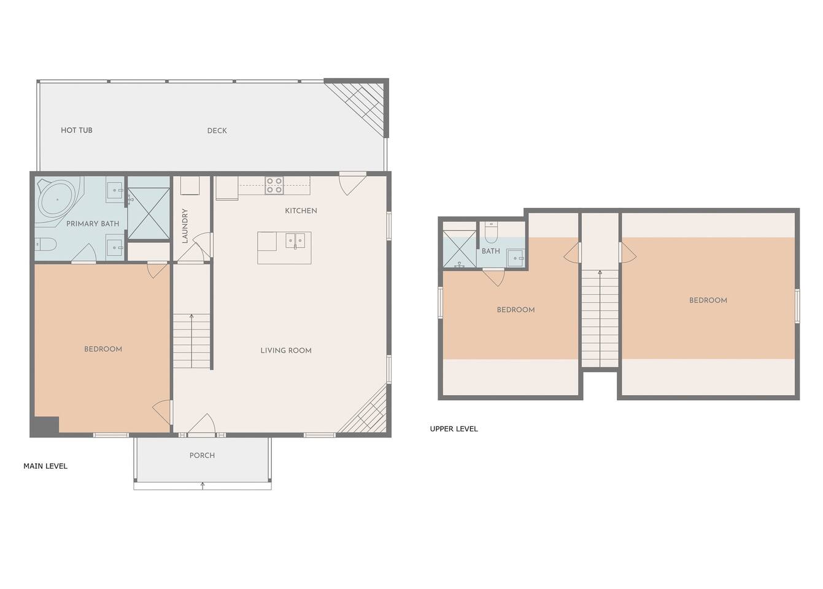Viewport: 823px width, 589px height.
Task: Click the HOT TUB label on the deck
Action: coord(77,130)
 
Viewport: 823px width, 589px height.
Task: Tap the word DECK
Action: coord(217,130)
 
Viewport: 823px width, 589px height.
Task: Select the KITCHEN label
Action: coord(301,210)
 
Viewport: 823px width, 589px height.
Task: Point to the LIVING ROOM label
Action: coord(286,350)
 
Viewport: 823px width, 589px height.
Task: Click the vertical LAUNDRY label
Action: coord(185,226)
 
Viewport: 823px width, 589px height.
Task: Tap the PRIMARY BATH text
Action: coord(93,223)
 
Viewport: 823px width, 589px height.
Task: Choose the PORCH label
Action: coord(202,455)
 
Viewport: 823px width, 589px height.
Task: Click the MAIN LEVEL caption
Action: coord(45,466)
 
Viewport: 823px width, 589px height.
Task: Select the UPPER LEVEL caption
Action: coord(454,428)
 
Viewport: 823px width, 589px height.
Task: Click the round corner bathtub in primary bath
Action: coord(58,200)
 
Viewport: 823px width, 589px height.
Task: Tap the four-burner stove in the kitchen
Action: coord(274,185)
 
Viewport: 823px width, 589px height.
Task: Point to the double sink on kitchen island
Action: coord(295,241)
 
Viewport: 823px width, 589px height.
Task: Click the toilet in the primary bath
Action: coord(45,244)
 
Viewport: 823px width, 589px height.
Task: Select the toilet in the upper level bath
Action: coord(491,232)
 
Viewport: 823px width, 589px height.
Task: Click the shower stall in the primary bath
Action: coord(149,214)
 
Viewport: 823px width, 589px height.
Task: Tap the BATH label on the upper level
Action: coord(491,251)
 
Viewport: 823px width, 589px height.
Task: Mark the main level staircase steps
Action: coord(191,341)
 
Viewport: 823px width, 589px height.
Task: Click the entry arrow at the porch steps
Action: coord(203,486)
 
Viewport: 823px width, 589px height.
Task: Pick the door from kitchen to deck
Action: coord(352,183)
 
